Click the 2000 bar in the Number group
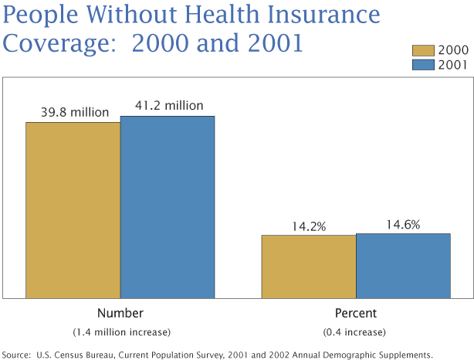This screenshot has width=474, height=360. [x=73, y=209]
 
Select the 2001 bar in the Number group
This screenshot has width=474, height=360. [x=168, y=207]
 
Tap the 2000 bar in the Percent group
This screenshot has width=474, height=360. [x=308, y=267]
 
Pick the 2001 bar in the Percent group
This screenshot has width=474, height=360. [x=403, y=266]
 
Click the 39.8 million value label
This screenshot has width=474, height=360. [x=75, y=112]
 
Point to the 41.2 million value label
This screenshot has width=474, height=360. [x=169, y=106]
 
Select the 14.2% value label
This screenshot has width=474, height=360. [x=309, y=226]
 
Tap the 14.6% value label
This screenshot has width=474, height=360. [x=402, y=225]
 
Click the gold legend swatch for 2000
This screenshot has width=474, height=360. [x=424, y=50]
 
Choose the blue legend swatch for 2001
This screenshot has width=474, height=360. [x=424, y=65]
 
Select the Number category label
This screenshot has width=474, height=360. [x=120, y=314]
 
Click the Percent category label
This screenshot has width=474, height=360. [x=355, y=314]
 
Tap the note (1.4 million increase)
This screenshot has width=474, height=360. [x=121, y=331]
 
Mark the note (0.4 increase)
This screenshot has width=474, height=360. [x=355, y=331]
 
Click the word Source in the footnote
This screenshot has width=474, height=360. [x=16, y=354]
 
